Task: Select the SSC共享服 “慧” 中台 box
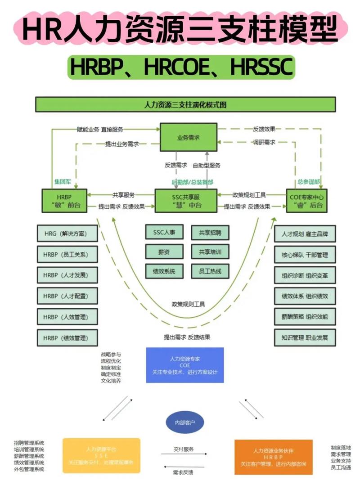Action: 186,201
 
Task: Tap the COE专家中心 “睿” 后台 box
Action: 307,201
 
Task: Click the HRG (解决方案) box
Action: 67,234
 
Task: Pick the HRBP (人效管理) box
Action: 67,316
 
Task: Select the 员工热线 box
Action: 210,271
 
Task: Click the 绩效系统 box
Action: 164,271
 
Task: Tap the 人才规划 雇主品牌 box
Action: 305,234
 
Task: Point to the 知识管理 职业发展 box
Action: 305,337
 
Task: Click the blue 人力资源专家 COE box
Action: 185,365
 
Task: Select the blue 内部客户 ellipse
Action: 185,423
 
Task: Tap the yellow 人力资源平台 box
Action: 101,455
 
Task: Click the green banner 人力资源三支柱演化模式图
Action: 185,104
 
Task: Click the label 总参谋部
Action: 309,182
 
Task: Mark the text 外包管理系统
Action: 29,469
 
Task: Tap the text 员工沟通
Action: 341,468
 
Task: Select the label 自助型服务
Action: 207,165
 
